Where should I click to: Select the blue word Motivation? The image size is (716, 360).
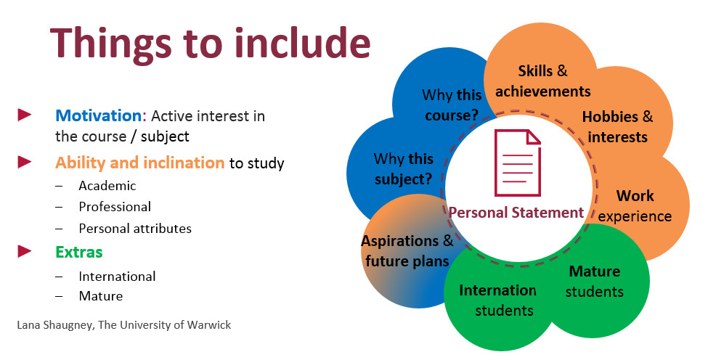[98, 115]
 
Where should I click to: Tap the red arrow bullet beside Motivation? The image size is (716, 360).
[25, 115]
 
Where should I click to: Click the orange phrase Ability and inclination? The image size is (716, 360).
[139, 163]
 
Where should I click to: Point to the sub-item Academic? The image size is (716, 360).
[107, 186]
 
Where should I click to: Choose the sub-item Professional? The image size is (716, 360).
[115, 207]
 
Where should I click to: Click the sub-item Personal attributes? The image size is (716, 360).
[135, 228]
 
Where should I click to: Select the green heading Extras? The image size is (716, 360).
[79, 252]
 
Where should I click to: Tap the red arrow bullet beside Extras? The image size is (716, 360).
[25, 251]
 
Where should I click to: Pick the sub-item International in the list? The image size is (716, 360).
[117, 276]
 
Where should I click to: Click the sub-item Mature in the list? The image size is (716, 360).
[101, 295]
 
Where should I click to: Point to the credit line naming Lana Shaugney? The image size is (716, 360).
[123, 325]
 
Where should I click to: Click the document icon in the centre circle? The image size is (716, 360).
[517, 163]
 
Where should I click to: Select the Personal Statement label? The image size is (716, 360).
[516, 213]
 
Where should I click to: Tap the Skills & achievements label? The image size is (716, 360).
[543, 81]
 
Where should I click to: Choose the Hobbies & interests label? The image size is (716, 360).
[617, 126]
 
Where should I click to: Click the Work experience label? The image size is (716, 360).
[635, 206]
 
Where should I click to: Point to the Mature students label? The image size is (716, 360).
[595, 281]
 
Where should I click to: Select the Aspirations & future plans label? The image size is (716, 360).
[407, 250]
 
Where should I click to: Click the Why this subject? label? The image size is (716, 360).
[403, 169]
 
